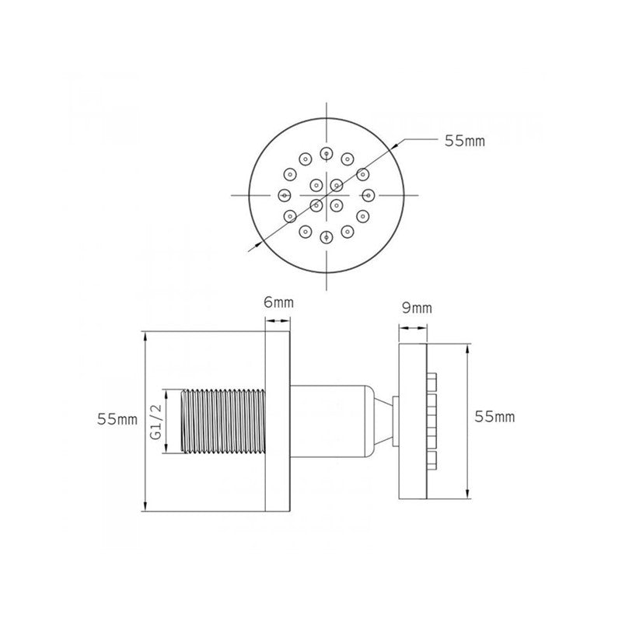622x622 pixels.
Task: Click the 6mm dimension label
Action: coord(278,302)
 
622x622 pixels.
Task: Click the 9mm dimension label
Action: coord(417,308)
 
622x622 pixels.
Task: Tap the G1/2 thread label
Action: coord(156,422)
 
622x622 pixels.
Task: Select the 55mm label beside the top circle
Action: coord(464,142)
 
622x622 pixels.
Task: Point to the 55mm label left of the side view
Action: coord(117,419)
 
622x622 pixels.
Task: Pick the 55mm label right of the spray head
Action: coord(494,417)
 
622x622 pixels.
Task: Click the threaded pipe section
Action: coord(223,421)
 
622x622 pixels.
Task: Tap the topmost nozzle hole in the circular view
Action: coord(326,152)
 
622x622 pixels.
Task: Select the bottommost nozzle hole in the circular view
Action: coord(326,237)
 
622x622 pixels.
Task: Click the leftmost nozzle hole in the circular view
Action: coord(284,195)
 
